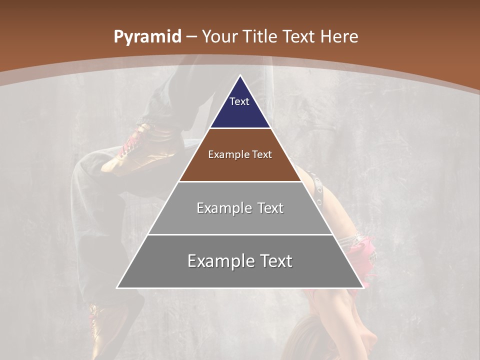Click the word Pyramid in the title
pos(147,37)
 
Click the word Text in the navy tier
pos(239,101)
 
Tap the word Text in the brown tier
pos(262,154)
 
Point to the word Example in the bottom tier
pos(218,261)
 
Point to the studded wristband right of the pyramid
pos(316,190)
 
